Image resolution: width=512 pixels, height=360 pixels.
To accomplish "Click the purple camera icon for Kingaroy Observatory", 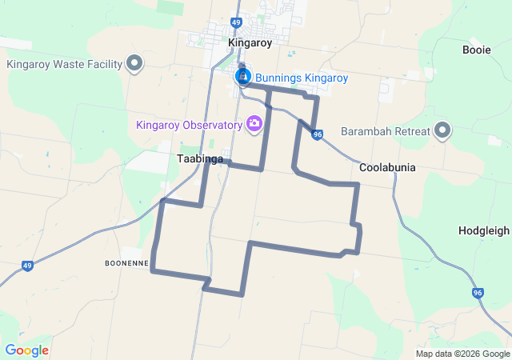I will [x=254, y=124].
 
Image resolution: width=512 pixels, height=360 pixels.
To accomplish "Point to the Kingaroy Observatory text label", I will [x=189, y=125].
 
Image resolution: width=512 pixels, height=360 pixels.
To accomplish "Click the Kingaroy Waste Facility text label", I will [x=64, y=64].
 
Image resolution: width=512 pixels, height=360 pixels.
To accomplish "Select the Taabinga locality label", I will [x=194, y=159].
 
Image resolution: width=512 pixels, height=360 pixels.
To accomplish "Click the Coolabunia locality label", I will [x=387, y=167].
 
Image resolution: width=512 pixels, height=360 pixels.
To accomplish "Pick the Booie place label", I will [x=477, y=50].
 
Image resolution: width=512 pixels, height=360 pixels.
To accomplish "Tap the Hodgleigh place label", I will [x=483, y=230].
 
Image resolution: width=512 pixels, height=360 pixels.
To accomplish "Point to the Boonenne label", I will [x=126, y=263].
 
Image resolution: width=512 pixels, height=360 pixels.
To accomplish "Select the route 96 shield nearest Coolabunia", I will [x=318, y=134].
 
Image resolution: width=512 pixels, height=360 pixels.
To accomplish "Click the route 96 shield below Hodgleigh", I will [x=478, y=294].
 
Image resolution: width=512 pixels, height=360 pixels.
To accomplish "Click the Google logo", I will [x=26, y=350].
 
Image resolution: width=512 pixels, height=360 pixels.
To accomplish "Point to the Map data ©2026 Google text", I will [x=462, y=354].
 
